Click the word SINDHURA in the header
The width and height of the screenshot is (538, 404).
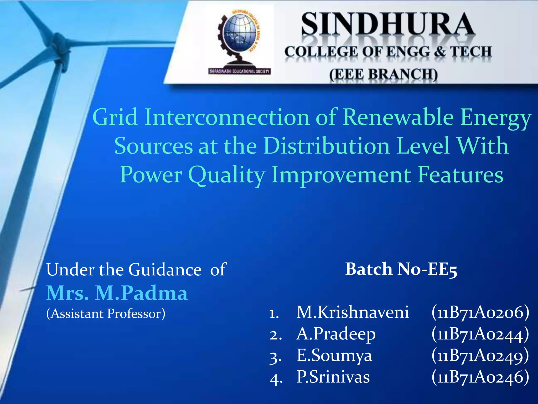tap(387, 24)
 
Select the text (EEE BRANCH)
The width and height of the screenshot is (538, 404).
tap(384, 75)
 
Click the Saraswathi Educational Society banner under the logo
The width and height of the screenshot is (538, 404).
tap(239, 71)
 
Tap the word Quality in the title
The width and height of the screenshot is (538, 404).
tap(226, 175)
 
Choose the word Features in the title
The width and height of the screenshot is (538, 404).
tap(460, 175)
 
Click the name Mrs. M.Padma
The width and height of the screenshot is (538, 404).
tap(117, 293)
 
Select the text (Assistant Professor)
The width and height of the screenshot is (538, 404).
tap(106, 314)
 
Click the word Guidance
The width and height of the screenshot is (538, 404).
tap(165, 270)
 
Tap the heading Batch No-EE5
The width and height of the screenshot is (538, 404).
tap(401, 269)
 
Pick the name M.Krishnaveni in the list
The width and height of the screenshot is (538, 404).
tap(353, 312)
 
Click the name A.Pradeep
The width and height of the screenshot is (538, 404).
tap(336, 334)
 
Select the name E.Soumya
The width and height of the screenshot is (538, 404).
tap(334, 356)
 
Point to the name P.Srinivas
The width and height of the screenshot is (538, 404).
tap(333, 377)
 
